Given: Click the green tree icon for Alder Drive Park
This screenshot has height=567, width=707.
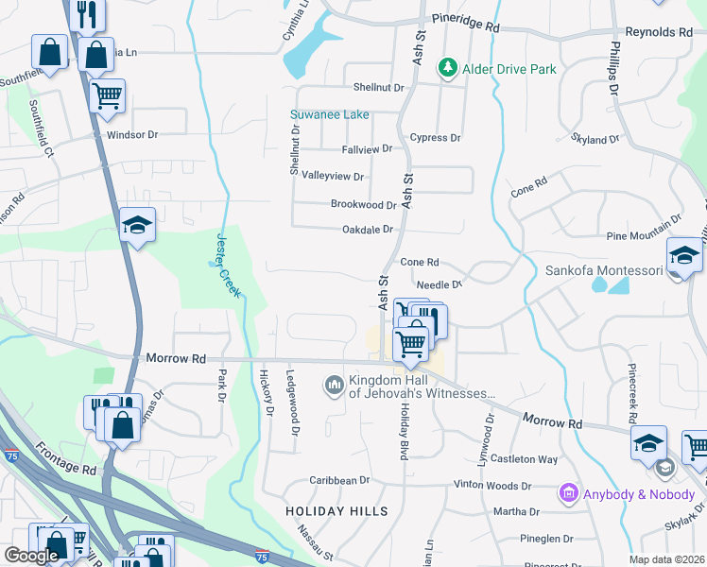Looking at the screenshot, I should click(x=446, y=69).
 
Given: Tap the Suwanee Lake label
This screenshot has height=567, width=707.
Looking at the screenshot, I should click(x=329, y=114).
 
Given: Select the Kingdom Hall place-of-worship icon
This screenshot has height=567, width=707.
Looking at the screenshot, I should click(x=333, y=386).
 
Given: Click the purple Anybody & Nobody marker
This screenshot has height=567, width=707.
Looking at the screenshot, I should click(x=569, y=492).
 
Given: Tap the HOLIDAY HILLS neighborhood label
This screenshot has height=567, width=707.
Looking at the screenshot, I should click(x=336, y=511).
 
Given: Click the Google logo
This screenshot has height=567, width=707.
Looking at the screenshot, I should click(x=31, y=555).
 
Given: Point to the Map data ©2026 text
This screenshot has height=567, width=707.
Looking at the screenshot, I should click(x=666, y=559).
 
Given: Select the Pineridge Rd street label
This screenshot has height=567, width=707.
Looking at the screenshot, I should click(x=465, y=20).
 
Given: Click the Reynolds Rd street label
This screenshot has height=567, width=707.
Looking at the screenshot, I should click(x=660, y=32).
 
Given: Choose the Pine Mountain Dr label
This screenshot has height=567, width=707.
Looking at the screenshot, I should click(x=644, y=228).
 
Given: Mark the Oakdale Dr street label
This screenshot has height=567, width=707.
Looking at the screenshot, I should click(x=367, y=229).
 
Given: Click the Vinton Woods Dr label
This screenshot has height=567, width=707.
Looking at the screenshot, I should click(x=492, y=486).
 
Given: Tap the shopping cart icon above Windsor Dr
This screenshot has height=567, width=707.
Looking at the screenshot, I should click(x=107, y=94).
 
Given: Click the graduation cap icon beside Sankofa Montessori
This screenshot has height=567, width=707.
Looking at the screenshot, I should click(x=684, y=255).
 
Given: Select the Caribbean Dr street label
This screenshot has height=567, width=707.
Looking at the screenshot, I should click(x=338, y=480).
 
